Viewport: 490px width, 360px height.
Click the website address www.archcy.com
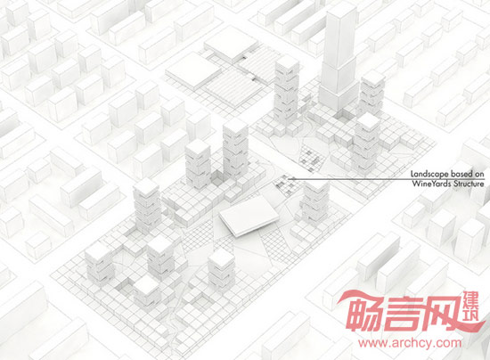[410, 343]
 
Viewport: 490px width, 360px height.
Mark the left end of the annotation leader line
[289, 179]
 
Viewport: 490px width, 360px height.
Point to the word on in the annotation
[479, 175]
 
